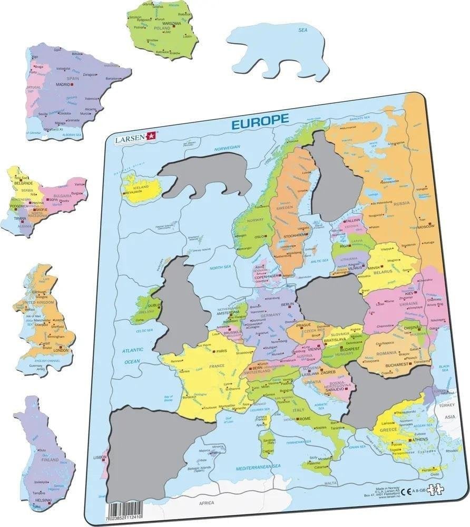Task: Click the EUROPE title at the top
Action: click(260, 120)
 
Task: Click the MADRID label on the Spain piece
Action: click(63, 84)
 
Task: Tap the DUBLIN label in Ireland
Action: click(154, 305)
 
